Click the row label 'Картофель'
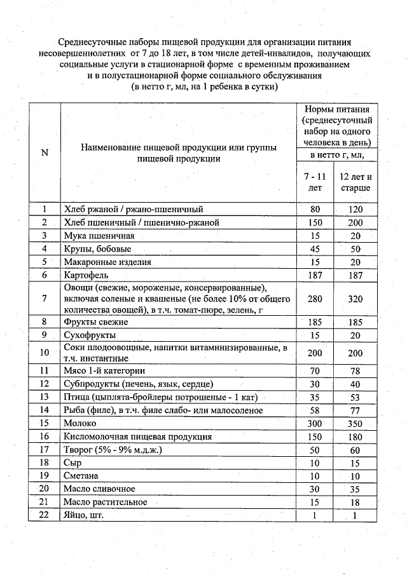(86, 274)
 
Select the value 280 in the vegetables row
(315, 298)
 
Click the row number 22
(44, 515)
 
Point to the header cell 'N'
(44, 152)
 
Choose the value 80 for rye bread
(315, 209)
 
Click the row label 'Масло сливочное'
(99, 489)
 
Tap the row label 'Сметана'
(81, 475)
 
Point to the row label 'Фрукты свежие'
(95, 322)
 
